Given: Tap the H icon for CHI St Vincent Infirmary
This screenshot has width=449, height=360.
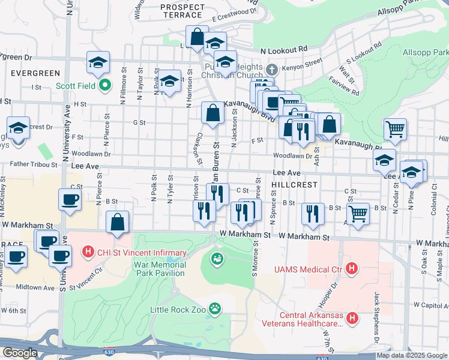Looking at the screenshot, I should coord(88,251).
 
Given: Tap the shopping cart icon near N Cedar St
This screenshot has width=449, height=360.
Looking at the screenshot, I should coord(395,128).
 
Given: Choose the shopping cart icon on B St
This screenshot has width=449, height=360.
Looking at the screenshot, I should coord(358,213).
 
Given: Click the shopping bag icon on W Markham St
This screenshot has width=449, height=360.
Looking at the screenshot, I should coord(118,221).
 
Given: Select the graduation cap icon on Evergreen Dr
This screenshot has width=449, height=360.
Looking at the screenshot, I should coord(98,62).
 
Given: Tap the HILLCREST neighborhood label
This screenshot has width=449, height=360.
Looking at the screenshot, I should coord(294,185).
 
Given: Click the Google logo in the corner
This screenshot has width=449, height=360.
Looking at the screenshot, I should coord(20,352).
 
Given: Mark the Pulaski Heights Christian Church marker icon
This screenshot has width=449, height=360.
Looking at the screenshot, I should coord(271,68).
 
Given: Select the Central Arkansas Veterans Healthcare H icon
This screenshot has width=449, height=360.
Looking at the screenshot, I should coord(352,317).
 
